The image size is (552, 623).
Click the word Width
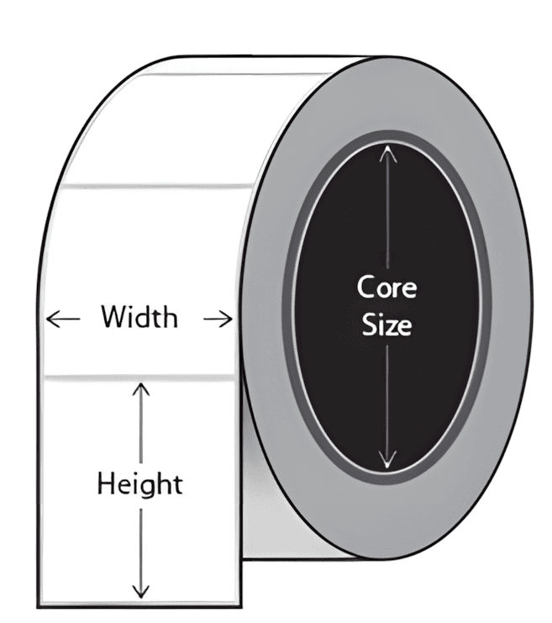click(139, 318)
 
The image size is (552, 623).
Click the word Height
click(140, 484)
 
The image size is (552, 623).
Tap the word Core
click(386, 288)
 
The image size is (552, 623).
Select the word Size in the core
click(386, 325)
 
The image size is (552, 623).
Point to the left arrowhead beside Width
click(51, 319)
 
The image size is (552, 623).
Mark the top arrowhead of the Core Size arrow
click(386, 150)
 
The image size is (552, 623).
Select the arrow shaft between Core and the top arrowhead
click(386, 210)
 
